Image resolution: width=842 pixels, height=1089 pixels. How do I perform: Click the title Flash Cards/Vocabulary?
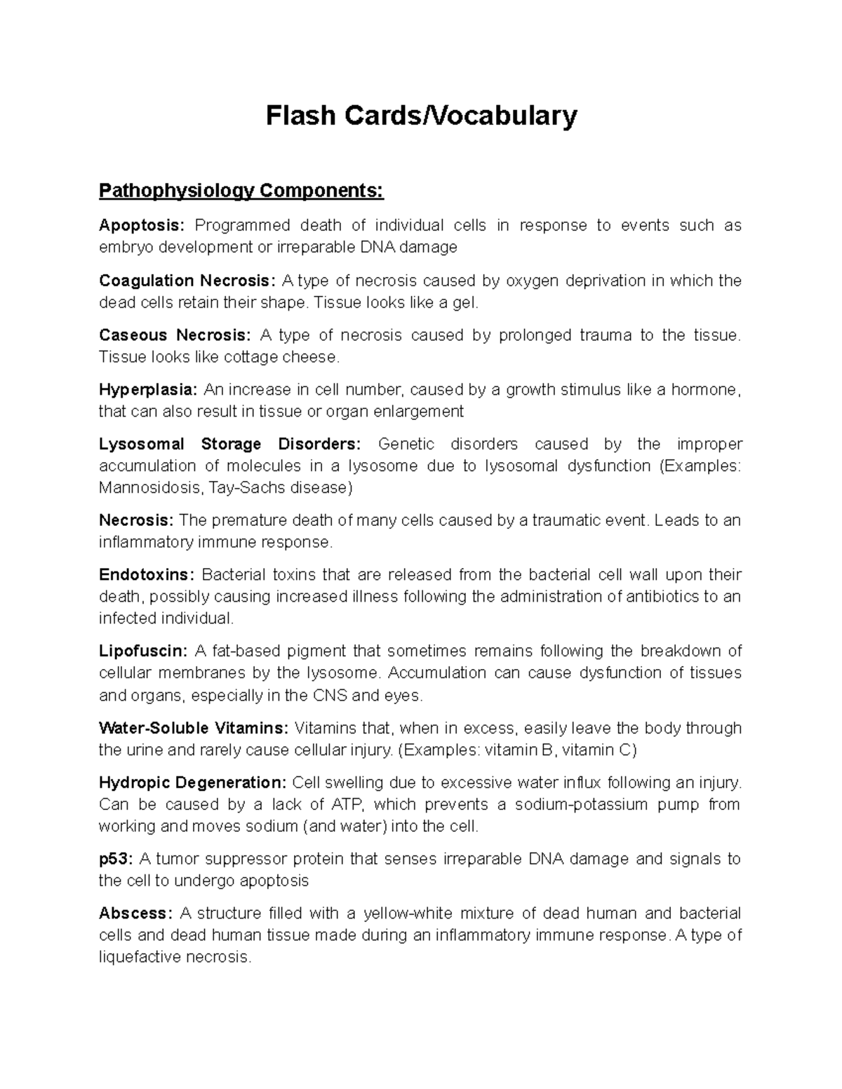tap(421, 116)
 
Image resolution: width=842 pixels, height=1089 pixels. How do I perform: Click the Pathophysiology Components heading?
tap(241, 191)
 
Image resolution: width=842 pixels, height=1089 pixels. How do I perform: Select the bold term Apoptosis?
tap(142, 226)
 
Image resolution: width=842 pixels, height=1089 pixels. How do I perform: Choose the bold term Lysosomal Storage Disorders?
tap(230, 445)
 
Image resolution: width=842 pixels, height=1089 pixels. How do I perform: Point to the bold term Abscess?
tap(135, 914)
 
